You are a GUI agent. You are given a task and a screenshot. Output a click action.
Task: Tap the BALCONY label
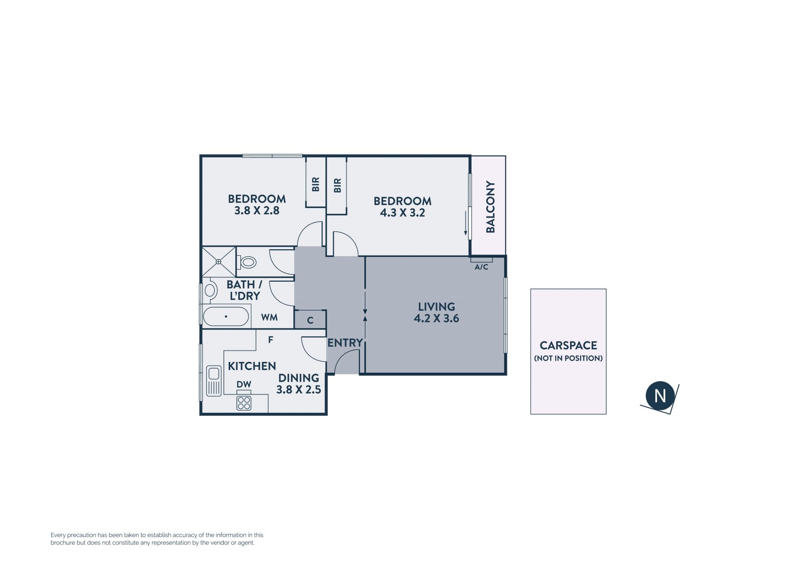point(491,207)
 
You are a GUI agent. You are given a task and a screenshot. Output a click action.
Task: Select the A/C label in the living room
point(481,267)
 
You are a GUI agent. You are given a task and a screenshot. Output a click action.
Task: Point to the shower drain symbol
point(218,262)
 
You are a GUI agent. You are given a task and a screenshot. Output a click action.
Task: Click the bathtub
point(226,316)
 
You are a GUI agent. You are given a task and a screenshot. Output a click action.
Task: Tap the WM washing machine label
point(269,317)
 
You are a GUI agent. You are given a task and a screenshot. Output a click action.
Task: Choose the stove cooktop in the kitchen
point(244,403)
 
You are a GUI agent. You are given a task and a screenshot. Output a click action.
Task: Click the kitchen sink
point(214,381)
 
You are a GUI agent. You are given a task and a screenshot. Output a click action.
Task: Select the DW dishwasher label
point(244,384)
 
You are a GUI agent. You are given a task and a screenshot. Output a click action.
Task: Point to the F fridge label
point(271,340)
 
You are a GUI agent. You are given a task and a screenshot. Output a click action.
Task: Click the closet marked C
point(310,319)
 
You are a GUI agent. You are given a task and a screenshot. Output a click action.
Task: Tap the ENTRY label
point(345,343)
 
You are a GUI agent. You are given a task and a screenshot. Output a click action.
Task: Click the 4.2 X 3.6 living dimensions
point(436,318)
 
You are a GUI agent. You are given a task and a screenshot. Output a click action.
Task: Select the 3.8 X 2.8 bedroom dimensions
point(257,210)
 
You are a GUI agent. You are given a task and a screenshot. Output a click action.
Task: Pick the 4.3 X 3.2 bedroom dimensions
point(403,213)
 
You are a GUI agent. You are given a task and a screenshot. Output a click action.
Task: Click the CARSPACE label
point(568,346)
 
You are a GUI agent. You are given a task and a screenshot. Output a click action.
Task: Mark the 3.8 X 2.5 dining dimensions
point(298,390)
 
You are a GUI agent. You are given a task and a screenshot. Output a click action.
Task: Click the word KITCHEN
point(252,366)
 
